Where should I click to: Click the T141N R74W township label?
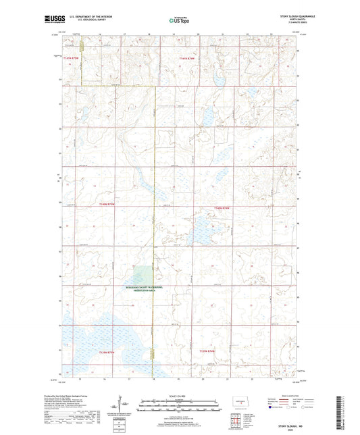click(191, 59)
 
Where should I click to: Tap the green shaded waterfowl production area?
click(144, 276)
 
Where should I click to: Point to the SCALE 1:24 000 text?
click(180, 396)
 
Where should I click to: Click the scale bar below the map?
click(180, 407)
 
